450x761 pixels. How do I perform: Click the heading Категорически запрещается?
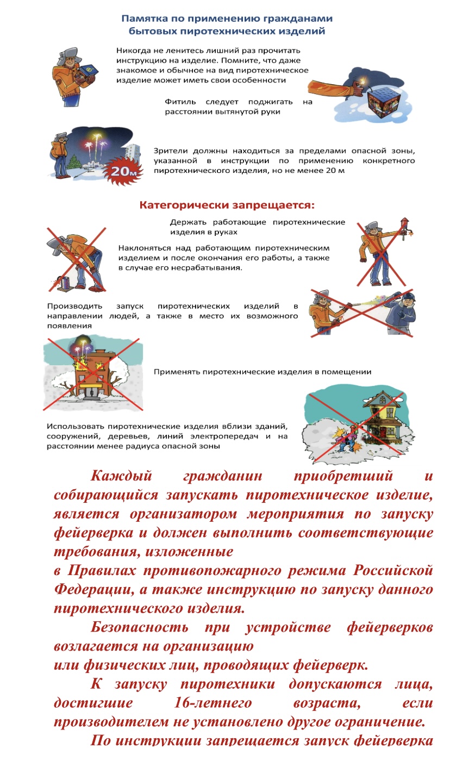(x=228, y=205)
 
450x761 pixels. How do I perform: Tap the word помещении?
(x=345, y=372)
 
